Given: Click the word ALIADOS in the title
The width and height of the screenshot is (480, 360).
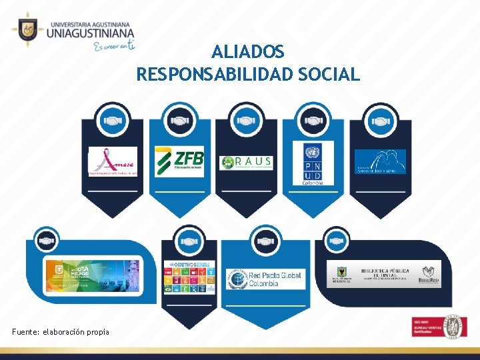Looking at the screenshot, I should (248, 51).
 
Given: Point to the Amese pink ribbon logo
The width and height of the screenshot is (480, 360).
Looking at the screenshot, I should (113, 161).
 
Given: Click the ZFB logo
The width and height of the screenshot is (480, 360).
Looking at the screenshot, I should (179, 161).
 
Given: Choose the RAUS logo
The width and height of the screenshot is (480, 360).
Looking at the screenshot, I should (246, 162).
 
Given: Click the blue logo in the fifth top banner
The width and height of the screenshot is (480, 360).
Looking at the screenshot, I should (379, 161).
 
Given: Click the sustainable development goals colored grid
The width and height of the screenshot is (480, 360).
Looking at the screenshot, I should (190, 276).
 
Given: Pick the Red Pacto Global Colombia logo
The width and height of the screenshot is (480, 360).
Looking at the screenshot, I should (265, 278).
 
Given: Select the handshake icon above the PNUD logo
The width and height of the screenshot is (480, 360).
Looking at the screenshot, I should (313, 121).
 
